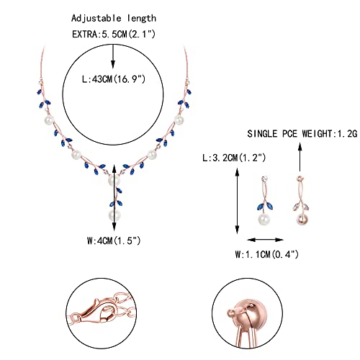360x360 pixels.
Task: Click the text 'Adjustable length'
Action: click(114, 19)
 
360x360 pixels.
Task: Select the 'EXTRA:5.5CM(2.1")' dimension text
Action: click(114, 34)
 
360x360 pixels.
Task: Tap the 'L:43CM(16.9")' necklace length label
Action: click(114, 79)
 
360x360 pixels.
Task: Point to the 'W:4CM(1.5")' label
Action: click(114, 240)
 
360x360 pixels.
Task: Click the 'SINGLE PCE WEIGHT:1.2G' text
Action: click(302, 134)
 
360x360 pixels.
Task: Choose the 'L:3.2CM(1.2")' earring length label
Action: click(234, 158)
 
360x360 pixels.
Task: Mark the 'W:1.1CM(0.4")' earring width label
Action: click(266, 254)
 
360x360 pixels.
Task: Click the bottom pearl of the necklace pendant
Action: click(114, 215)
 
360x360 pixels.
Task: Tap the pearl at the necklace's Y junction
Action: click(114, 180)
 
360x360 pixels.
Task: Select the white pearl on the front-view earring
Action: click(264, 219)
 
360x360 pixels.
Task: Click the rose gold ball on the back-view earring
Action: click(302, 219)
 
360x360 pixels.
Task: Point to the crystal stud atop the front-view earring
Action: click(264, 179)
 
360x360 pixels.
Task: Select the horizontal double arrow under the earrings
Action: click(266, 240)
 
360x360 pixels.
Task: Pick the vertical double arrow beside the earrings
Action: click(238, 201)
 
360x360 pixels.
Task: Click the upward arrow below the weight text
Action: click(300, 157)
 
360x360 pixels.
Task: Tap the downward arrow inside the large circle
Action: click(113, 56)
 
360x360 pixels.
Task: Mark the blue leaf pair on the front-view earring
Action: click(265, 206)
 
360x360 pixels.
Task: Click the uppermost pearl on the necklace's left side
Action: click(50, 120)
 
